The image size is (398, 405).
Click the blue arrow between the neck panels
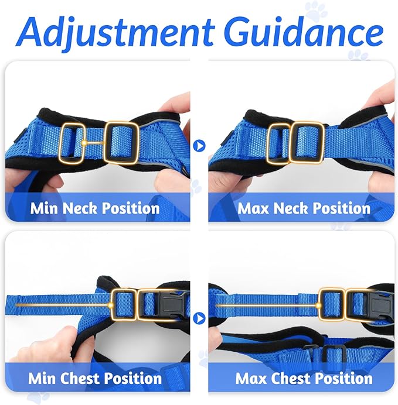(x=199, y=145)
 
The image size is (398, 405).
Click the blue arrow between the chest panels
(x=199, y=318)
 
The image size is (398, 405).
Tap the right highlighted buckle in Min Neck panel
(x=121, y=142)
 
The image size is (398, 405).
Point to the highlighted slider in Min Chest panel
(x=123, y=304)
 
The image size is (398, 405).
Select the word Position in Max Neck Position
(x=340, y=208)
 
